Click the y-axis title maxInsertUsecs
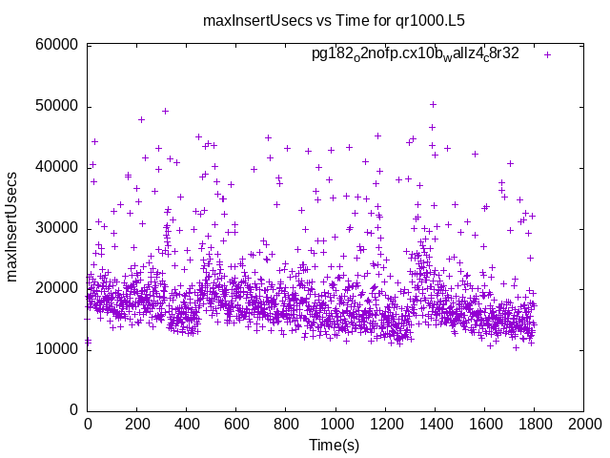tap(12, 227)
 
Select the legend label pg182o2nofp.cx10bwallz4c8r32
tap(416, 54)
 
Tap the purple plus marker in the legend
tap(547, 54)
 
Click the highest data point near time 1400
tap(433, 105)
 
